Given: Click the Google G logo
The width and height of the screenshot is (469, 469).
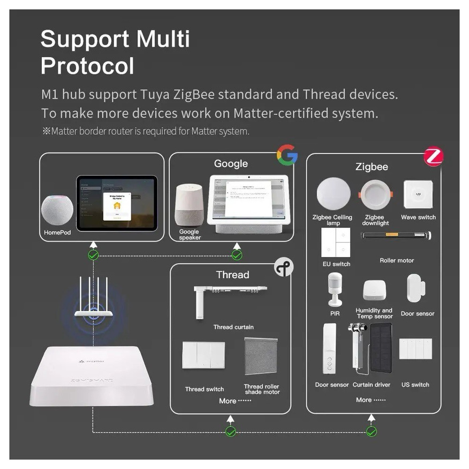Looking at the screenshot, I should click(x=287, y=155).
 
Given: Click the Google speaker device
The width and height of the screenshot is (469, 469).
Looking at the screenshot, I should click(x=189, y=205).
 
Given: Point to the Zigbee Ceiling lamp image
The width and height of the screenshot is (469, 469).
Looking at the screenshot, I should click(x=333, y=195).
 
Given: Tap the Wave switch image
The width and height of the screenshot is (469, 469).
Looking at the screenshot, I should click(x=418, y=194).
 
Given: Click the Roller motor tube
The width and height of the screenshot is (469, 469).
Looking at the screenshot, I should click(x=396, y=235).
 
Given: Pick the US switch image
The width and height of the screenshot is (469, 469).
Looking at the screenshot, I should click(x=416, y=348).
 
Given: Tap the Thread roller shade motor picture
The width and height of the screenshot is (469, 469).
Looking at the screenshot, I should click(x=261, y=356).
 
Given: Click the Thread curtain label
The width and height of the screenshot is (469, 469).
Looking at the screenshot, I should click(x=233, y=327).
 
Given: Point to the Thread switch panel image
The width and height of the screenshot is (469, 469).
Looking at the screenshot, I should click(x=204, y=356).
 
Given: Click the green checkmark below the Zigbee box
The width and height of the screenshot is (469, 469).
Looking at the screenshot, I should click(x=371, y=431).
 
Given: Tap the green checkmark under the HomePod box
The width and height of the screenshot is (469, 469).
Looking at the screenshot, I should click(x=93, y=255).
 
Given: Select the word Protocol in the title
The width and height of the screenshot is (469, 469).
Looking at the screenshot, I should click(x=87, y=66).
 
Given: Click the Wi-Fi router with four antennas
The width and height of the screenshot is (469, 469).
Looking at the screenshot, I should click(x=94, y=300).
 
